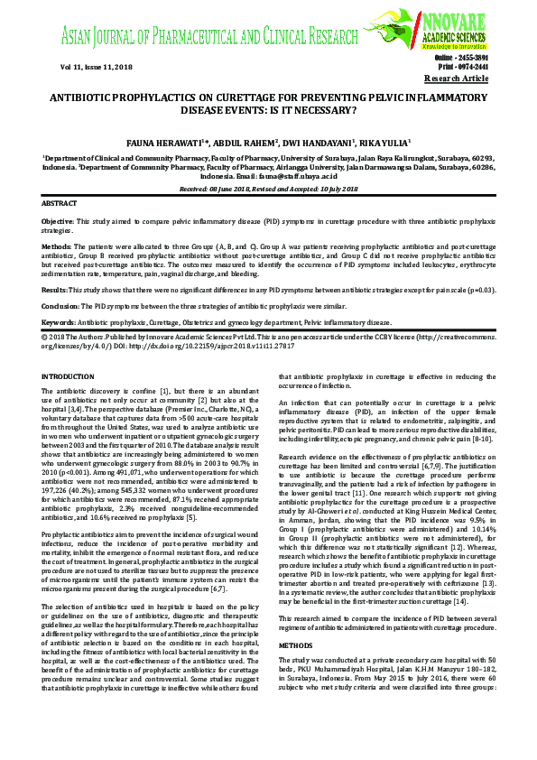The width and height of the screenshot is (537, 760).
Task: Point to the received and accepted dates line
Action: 268,189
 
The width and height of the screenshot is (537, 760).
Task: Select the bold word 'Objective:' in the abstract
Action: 59,222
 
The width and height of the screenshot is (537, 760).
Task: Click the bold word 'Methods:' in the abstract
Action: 56,245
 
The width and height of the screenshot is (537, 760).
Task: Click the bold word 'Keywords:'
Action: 59,322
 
